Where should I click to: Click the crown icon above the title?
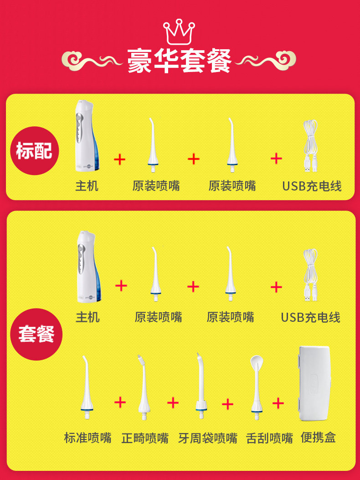pos(179,32)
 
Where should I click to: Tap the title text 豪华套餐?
pos(180,61)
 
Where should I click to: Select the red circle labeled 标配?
pos(34,150)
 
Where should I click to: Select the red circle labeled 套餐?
pos(36,334)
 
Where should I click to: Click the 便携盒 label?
pos(319,437)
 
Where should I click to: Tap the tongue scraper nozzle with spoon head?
pos(256,387)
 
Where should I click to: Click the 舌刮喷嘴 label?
pos(269,438)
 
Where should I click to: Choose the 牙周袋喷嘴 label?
pos(207,438)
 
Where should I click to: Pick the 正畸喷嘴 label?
pos(145,438)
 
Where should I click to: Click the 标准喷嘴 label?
pos(87,438)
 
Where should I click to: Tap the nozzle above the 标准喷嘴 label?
pos(87,387)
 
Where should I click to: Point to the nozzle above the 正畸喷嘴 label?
pos(144,387)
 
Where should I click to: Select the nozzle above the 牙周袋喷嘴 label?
pos(201,386)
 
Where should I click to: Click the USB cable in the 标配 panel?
pos(310,146)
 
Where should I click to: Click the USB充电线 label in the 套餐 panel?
pos(310,317)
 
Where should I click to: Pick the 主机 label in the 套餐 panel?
pos(87,317)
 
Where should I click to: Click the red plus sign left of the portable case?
pos(278,403)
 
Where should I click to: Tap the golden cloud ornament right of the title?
pos(266,61)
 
